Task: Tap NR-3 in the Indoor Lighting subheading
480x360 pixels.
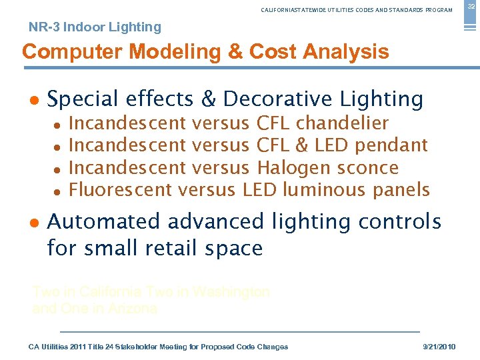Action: tap(43, 27)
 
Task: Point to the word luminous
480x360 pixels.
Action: tap(324, 189)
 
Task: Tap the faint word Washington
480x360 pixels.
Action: tap(231, 292)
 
